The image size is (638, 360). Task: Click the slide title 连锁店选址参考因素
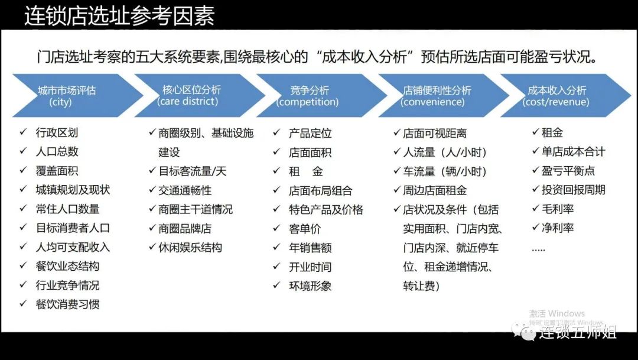[119, 16]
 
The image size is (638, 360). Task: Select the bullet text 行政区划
[57, 132]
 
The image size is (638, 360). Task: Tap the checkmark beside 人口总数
[23, 151]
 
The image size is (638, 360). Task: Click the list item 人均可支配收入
[73, 247]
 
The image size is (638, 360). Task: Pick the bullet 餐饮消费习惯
[67, 304]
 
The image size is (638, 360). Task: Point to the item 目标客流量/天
[193, 171]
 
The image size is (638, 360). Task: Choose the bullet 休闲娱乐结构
[190, 247]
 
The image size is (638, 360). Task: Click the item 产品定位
[310, 133]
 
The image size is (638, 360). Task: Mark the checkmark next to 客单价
[276, 228]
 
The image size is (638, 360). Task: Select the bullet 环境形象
[310, 286]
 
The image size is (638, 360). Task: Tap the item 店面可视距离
[435, 133]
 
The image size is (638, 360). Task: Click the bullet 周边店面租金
[435, 190]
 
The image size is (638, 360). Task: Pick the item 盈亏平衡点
[568, 171]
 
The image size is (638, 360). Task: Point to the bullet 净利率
[558, 228]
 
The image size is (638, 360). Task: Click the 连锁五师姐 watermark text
[577, 332]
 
